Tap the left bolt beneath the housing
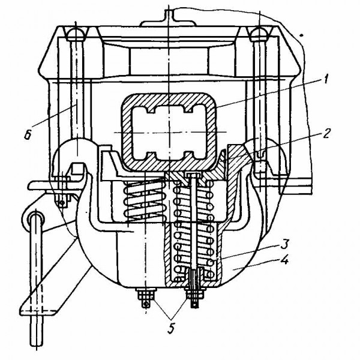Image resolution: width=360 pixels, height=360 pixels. (x=145, y=298)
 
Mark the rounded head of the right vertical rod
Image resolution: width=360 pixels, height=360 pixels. (x=259, y=32)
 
